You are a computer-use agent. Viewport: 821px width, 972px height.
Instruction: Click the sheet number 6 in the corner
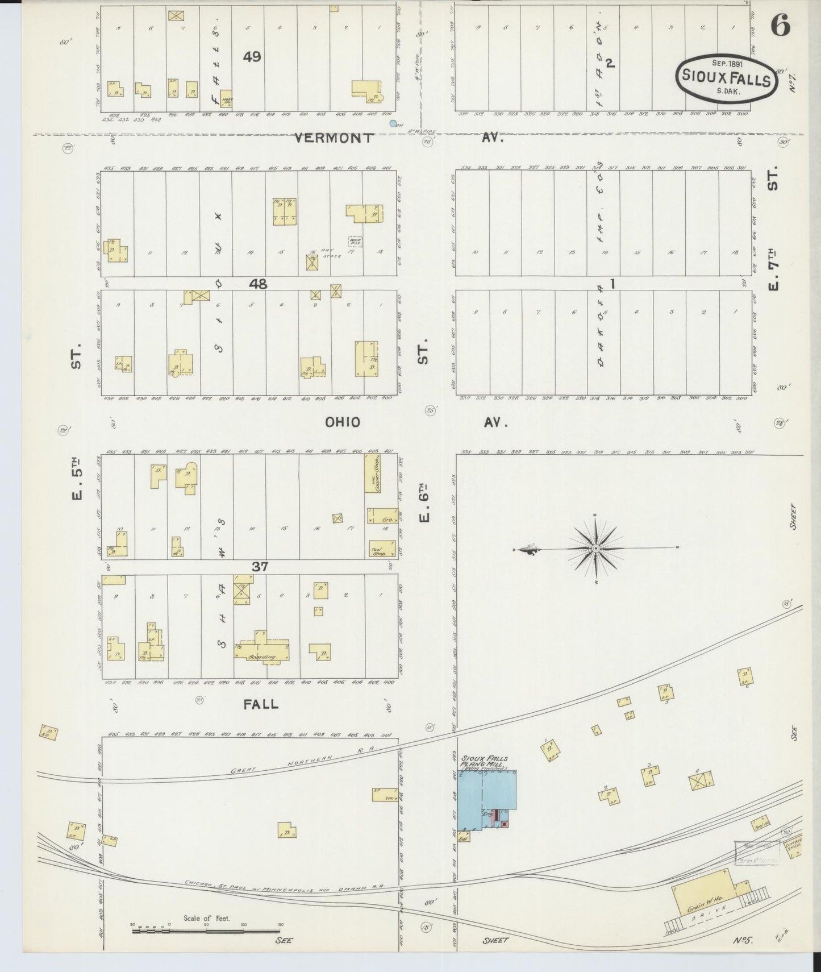coord(781,26)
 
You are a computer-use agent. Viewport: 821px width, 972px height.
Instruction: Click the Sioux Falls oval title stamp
coord(726,79)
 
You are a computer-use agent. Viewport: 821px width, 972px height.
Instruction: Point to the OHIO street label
coord(343,422)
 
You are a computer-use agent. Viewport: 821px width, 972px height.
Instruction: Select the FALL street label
coord(261,704)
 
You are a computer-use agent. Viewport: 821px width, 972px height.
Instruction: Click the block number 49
coord(252,57)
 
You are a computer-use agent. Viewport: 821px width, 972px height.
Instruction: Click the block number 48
coord(257,283)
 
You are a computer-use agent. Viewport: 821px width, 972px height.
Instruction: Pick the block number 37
coord(260,566)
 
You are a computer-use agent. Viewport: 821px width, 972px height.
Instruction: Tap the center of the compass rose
coord(595,548)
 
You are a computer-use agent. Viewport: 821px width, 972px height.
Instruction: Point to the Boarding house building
coord(262,649)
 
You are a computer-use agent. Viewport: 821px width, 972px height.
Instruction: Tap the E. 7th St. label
coord(773,267)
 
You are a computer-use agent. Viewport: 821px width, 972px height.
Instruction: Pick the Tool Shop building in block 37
coord(378,549)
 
